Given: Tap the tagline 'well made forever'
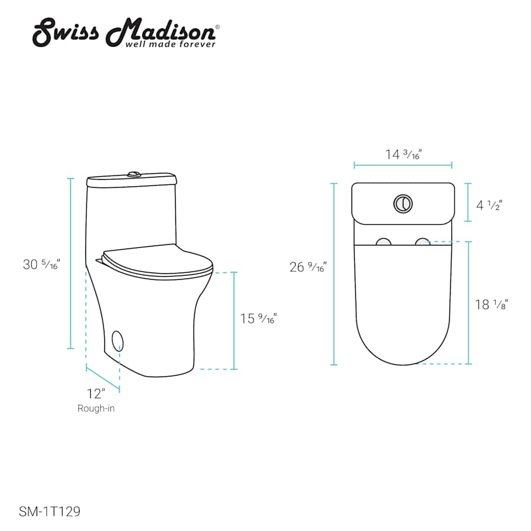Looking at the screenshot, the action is pos(171,44).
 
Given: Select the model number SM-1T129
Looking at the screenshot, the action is pos(50,512).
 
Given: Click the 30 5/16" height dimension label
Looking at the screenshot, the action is pos(41,264).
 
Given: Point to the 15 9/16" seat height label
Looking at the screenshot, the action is pos(258,319).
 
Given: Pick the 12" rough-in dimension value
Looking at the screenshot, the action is pos(96,394).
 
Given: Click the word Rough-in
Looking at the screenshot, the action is pos(96,408).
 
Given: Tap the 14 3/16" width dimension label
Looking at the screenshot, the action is pos(404,154).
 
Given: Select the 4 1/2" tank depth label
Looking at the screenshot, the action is pos(489,205).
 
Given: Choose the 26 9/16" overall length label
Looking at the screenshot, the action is pos(308,267).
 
